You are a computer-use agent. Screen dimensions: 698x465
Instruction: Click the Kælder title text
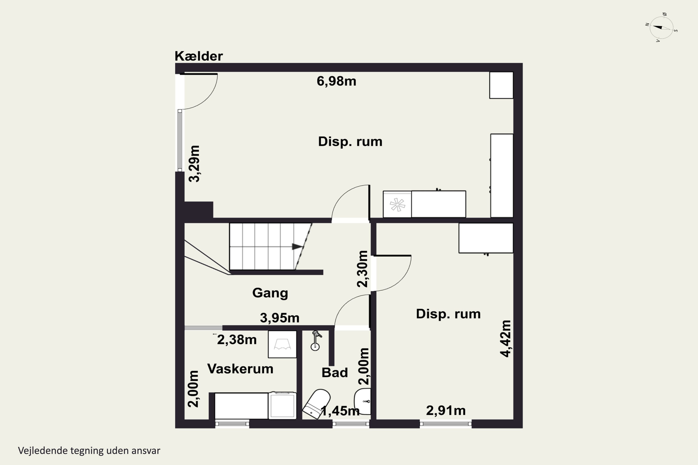pyautogui.click(x=198, y=56)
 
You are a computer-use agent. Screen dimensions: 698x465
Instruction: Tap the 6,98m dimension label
pyautogui.click(x=336, y=81)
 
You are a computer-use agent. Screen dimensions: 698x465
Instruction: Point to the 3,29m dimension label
pyautogui.click(x=194, y=163)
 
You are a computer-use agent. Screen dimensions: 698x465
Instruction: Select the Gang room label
pyautogui.click(x=270, y=293)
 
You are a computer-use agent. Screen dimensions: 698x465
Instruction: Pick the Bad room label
pyautogui.click(x=335, y=373)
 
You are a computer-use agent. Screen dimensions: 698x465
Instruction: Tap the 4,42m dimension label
pyautogui.click(x=505, y=339)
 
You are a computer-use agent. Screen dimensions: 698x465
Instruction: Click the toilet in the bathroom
pyautogui.click(x=316, y=403)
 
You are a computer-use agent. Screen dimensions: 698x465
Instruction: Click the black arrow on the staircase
pyautogui.click(x=298, y=246)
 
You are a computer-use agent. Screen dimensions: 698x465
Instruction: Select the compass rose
pyautogui.click(x=661, y=28)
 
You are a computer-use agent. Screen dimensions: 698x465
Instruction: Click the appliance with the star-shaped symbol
pyautogui.click(x=397, y=204)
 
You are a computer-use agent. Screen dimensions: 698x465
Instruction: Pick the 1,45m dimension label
pyautogui.click(x=340, y=411)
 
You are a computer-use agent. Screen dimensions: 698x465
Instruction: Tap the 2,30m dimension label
pyautogui.click(x=362, y=269)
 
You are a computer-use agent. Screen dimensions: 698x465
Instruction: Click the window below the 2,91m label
pyautogui.click(x=446, y=424)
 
